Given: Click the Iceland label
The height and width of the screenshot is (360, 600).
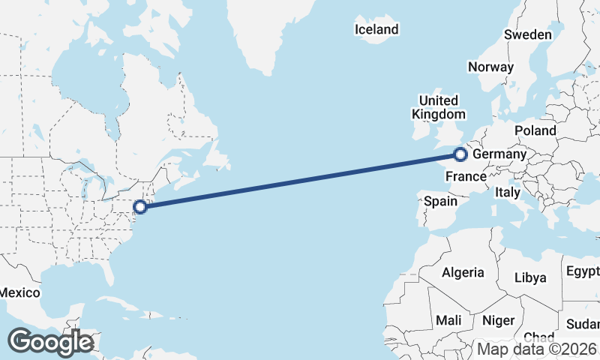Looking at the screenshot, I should tap(376, 30).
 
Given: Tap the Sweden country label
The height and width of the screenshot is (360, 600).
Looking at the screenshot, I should tap(528, 34).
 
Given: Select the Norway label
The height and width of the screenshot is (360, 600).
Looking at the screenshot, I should tap(490, 67).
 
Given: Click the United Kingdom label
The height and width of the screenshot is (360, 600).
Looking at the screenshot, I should tap(438, 107).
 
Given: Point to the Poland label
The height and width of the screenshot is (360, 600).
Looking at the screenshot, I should tap(535, 130).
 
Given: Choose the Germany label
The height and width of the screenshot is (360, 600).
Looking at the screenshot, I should tap(499, 154).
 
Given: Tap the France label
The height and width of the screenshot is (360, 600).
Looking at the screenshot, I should tap(466, 177).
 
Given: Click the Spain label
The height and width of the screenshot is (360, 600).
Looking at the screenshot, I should tap(440, 201).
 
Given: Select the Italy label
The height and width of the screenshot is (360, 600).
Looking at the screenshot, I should tap(507, 193).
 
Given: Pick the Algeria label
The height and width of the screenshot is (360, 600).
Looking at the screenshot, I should tap(463, 272).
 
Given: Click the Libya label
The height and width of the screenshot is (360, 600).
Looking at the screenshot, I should tap(530, 277).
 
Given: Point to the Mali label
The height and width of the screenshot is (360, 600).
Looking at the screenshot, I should tap(448, 320).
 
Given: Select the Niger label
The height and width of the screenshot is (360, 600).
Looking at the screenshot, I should tap(498, 320).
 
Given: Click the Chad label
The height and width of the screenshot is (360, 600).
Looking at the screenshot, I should tap(538, 337).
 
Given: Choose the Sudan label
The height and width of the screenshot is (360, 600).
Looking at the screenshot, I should tap(585, 324).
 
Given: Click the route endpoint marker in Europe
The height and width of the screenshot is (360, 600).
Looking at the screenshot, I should tap(460, 155).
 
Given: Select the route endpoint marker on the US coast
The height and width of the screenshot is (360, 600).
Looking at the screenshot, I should tap(139, 207).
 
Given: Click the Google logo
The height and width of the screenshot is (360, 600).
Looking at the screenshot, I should tap(50, 342).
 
